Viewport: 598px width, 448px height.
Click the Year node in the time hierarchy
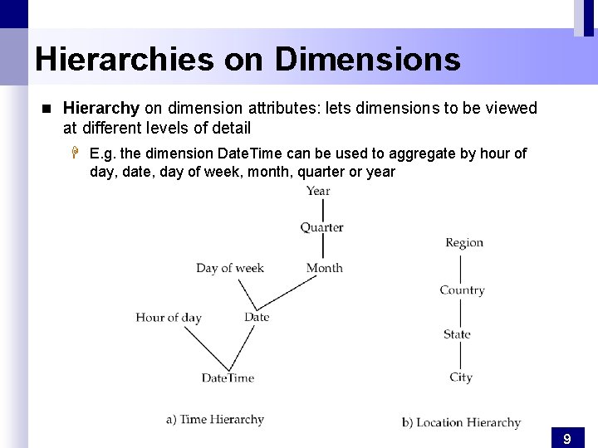click(x=318, y=191)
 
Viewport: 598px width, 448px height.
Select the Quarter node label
click(x=321, y=227)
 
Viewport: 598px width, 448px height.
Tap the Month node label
click(x=324, y=268)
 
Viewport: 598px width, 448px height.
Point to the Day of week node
click(x=230, y=268)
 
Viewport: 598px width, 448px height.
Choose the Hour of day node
click(x=169, y=318)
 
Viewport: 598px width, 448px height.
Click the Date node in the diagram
click(x=257, y=317)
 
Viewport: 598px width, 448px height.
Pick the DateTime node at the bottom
click(x=228, y=378)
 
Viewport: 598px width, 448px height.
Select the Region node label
click(x=463, y=243)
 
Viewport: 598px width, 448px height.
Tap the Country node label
click(x=462, y=290)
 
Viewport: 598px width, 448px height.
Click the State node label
click(x=457, y=334)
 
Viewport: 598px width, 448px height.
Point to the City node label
click(x=461, y=377)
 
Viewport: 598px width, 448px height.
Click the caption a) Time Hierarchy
click(x=215, y=420)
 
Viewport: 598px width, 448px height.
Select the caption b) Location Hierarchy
click(x=461, y=423)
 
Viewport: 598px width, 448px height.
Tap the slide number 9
click(x=566, y=439)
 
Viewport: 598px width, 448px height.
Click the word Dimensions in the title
click(x=367, y=60)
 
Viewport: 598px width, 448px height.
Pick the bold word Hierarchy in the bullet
click(x=101, y=109)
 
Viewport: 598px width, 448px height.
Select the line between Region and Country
click(x=461, y=267)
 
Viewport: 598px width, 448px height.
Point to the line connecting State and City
click(x=461, y=356)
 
